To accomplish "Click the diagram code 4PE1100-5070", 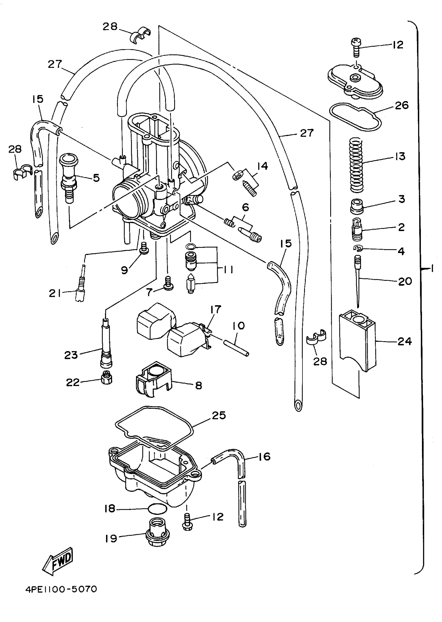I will [61, 590].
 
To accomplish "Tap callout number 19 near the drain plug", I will [111, 539].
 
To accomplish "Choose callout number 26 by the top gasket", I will [402, 106].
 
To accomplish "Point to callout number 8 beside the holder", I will [199, 385].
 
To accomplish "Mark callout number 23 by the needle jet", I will [71, 355].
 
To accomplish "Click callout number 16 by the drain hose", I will [263, 457].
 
